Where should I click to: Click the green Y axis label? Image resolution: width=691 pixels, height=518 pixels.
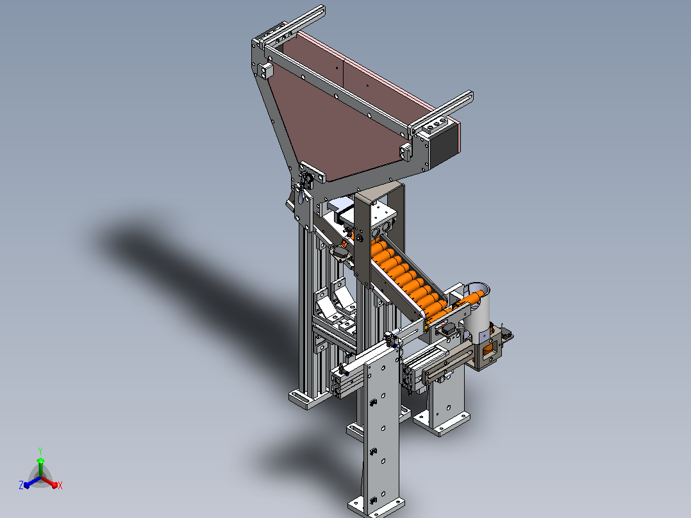(40, 451)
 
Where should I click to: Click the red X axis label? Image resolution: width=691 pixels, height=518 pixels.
(60, 485)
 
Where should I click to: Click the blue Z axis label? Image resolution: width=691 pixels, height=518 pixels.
(21, 485)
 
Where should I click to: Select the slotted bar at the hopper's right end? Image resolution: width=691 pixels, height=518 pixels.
(442, 112)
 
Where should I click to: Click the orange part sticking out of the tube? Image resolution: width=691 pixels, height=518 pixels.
(467, 300)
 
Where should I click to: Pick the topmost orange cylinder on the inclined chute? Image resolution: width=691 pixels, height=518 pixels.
(378, 246)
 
